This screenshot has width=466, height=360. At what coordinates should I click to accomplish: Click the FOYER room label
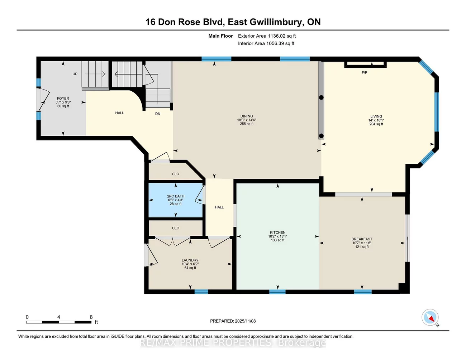(x=63, y=99)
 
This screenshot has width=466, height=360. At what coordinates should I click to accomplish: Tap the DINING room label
(x=247, y=116)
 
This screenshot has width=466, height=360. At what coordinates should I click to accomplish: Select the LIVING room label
(x=376, y=116)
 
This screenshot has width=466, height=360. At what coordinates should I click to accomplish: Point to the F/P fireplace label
(x=364, y=73)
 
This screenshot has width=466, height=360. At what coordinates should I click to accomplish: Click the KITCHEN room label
(x=277, y=232)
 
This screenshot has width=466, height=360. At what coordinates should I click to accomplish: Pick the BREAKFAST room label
(x=362, y=239)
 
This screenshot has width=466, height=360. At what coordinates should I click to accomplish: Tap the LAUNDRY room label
(x=190, y=260)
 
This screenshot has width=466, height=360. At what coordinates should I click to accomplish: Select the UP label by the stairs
(x=75, y=74)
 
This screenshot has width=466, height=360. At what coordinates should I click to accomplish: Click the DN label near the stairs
(x=158, y=114)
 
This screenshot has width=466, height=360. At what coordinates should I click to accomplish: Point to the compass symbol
(x=430, y=317)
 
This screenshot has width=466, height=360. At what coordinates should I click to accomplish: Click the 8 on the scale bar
(x=91, y=317)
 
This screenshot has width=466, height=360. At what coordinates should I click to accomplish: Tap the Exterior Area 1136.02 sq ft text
(x=267, y=36)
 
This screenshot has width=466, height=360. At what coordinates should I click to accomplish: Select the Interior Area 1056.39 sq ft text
(x=266, y=43)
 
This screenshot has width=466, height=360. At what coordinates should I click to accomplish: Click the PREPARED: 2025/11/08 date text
(x=233, y=321)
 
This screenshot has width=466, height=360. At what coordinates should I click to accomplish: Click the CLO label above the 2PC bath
(x=176, y=174)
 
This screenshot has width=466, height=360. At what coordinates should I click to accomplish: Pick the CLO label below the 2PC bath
(x=176, y=228)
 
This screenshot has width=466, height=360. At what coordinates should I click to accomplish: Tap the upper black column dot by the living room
(x=321, y=97)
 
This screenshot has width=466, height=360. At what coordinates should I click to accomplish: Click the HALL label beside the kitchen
(x=219, y=207)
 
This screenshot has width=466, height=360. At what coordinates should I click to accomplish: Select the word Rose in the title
(x=188, y=22)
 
